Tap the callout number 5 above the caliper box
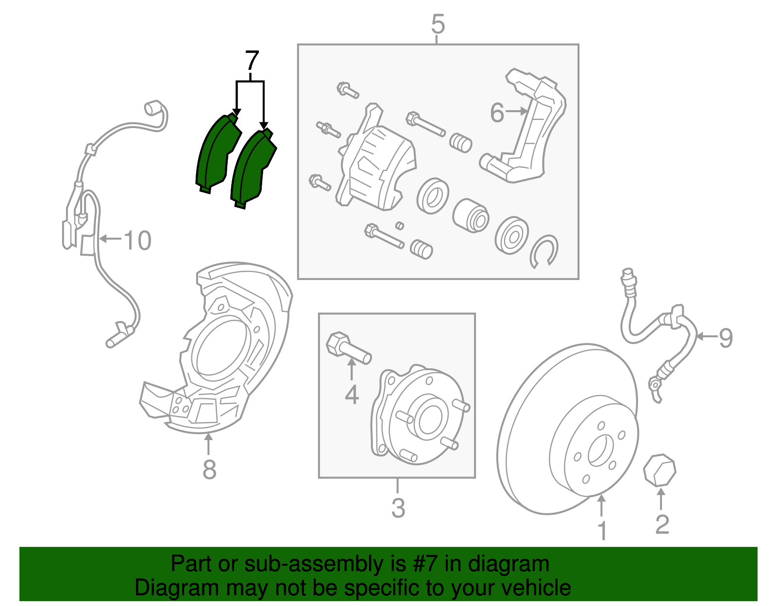click(x=438, y=24)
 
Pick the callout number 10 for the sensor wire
click(x=137, y=241)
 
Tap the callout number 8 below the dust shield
click(x=209, y=469)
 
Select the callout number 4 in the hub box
click(x=352, y=394)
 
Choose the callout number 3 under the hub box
click(x=398, y=508)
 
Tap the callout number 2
click(x=662, y=524)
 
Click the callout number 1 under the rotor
click(x=602, y=531)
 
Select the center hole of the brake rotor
click(x=598, y=451)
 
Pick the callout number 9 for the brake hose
click(x=726, y=337)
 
